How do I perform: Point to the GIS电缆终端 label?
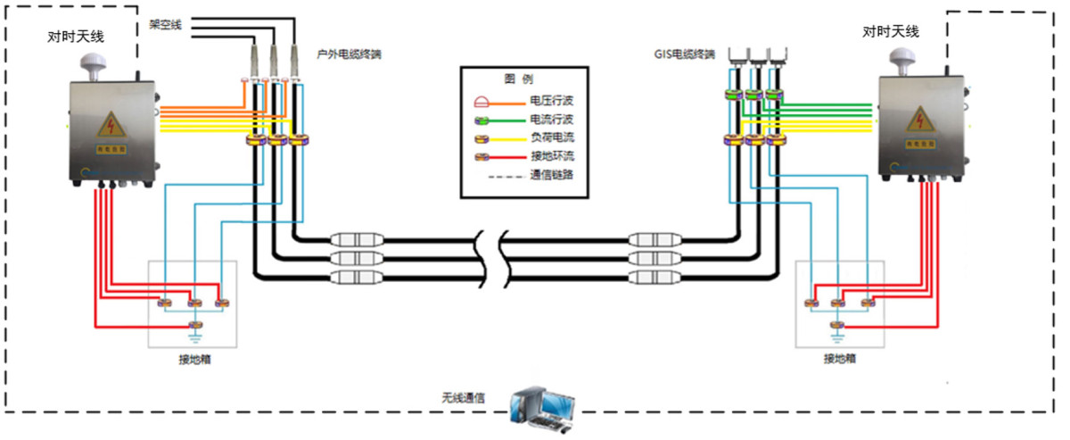click(x=683, y=54)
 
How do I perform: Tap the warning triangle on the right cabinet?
click(x=919, y=119)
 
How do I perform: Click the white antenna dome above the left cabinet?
click(x=93, y=64)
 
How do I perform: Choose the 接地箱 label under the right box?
click(x=840, y=360)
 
